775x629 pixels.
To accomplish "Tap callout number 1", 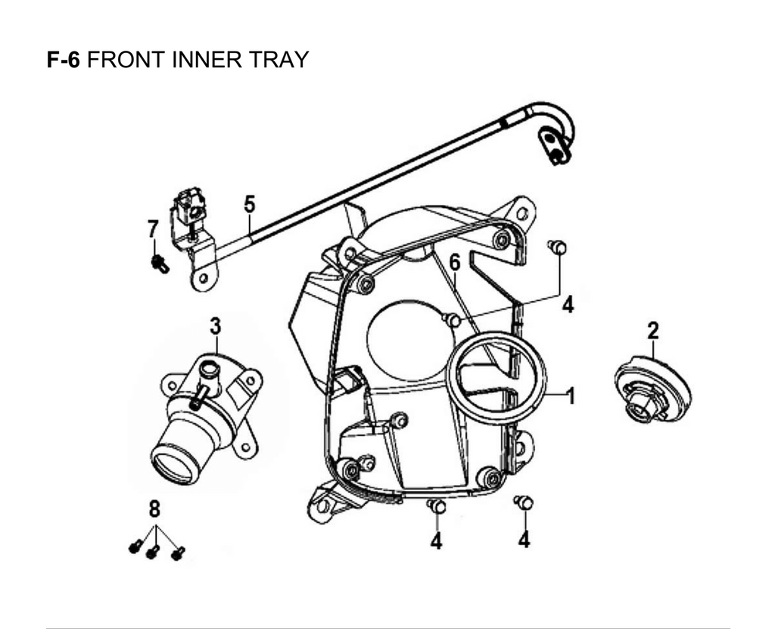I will click(x=571, y=396).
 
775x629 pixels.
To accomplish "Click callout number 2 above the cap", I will click(x=652, y=330).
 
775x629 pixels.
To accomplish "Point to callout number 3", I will click(x=216, y=327).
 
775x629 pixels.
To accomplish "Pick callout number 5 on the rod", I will click(x=249, y=204).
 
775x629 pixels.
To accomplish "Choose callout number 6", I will click(x=454, y=263).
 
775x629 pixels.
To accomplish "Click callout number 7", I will click(x=153, y=228).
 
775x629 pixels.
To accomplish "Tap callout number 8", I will click(x=155, y=508).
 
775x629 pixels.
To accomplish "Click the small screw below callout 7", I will click(x=160, y=263).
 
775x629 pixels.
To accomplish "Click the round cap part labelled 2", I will click(x=652, y=388).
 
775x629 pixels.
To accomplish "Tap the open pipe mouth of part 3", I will click(x=174, y=463).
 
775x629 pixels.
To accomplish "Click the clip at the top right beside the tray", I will click(x=557, y=246).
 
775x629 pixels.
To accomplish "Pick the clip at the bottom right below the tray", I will click(x=524, y=503).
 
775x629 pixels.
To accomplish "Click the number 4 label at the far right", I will click(x=568, y=304).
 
